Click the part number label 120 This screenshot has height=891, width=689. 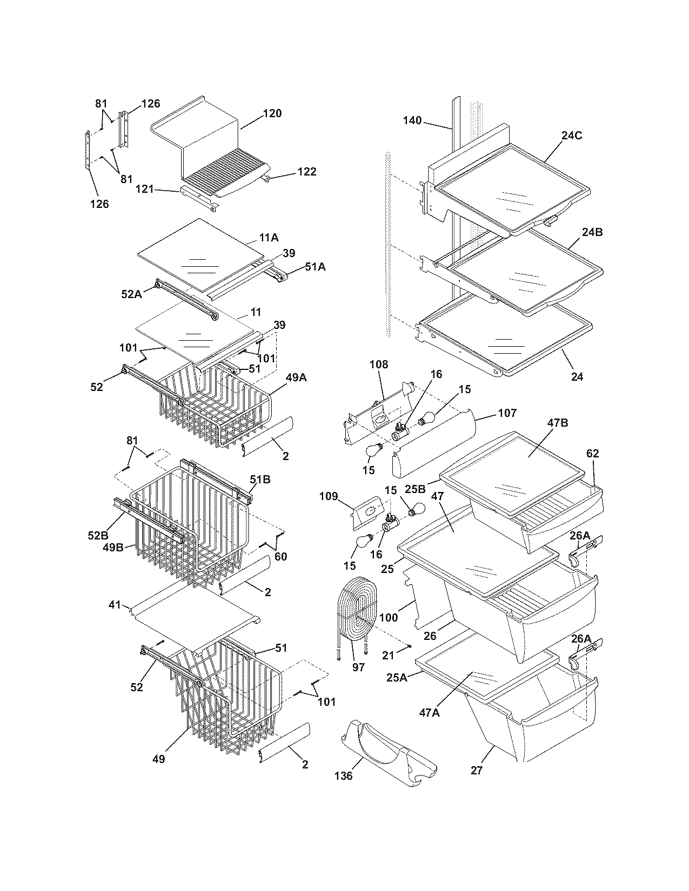(272, 113)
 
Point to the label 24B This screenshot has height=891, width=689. (592, 233)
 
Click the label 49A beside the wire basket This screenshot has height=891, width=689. (296, 378)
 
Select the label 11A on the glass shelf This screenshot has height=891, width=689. (269, 238)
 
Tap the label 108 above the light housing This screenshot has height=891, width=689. (378, 364)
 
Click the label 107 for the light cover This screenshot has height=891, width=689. (506, 413)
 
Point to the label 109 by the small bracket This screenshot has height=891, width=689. (328, 496)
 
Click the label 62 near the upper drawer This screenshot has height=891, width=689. (592, 454)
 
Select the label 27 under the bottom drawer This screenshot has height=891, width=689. (476, 771)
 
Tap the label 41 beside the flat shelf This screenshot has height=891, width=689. (114, 605)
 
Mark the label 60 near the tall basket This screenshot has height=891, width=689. (280, 557)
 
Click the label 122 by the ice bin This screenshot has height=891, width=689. (306, 172)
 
